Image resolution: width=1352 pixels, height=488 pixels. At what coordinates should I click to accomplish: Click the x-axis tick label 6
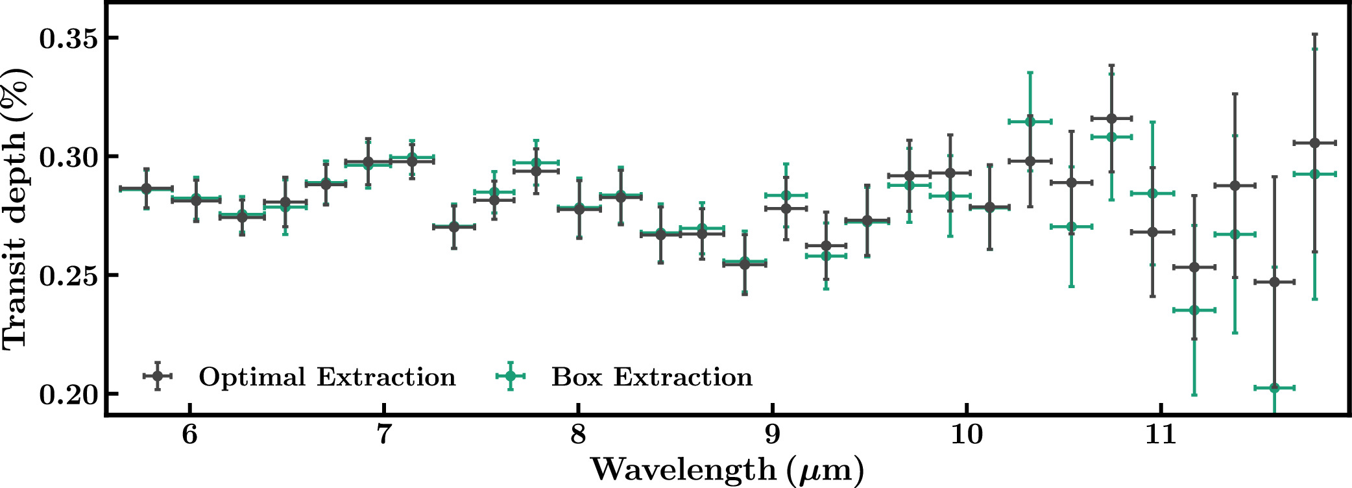pos(189,434)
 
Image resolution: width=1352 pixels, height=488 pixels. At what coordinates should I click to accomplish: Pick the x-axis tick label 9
pos(772,434)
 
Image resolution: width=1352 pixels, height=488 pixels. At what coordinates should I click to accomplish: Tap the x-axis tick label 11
pos(1161,434)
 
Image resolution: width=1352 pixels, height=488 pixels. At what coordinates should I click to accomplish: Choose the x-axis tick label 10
pos(967,434)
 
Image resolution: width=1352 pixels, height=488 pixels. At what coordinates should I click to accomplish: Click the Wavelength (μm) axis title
pos(727,470)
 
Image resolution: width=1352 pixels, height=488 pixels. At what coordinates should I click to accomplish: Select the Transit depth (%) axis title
pos(16,208)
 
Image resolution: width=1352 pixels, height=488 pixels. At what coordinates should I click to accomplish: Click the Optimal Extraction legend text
pos(327,377)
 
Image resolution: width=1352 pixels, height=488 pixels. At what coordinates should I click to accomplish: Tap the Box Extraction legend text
pos(652,377)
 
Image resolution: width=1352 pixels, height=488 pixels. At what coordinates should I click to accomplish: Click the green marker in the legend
pos(510,376)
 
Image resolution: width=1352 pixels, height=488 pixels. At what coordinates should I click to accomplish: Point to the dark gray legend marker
pos(157,376)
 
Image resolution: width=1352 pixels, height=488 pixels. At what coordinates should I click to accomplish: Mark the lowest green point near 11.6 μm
pos(1274,388)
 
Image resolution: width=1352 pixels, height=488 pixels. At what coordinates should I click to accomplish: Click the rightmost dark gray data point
pos(1314,143)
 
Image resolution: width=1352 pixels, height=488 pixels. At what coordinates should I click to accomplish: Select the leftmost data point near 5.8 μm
pos(147,188)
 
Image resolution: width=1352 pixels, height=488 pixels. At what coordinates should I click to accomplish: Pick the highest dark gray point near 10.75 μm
pos(1111,118)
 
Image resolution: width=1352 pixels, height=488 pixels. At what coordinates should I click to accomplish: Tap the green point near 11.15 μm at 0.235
pos(1194,310)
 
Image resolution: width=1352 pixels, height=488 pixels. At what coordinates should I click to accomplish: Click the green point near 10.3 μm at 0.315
pos(1030,121)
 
